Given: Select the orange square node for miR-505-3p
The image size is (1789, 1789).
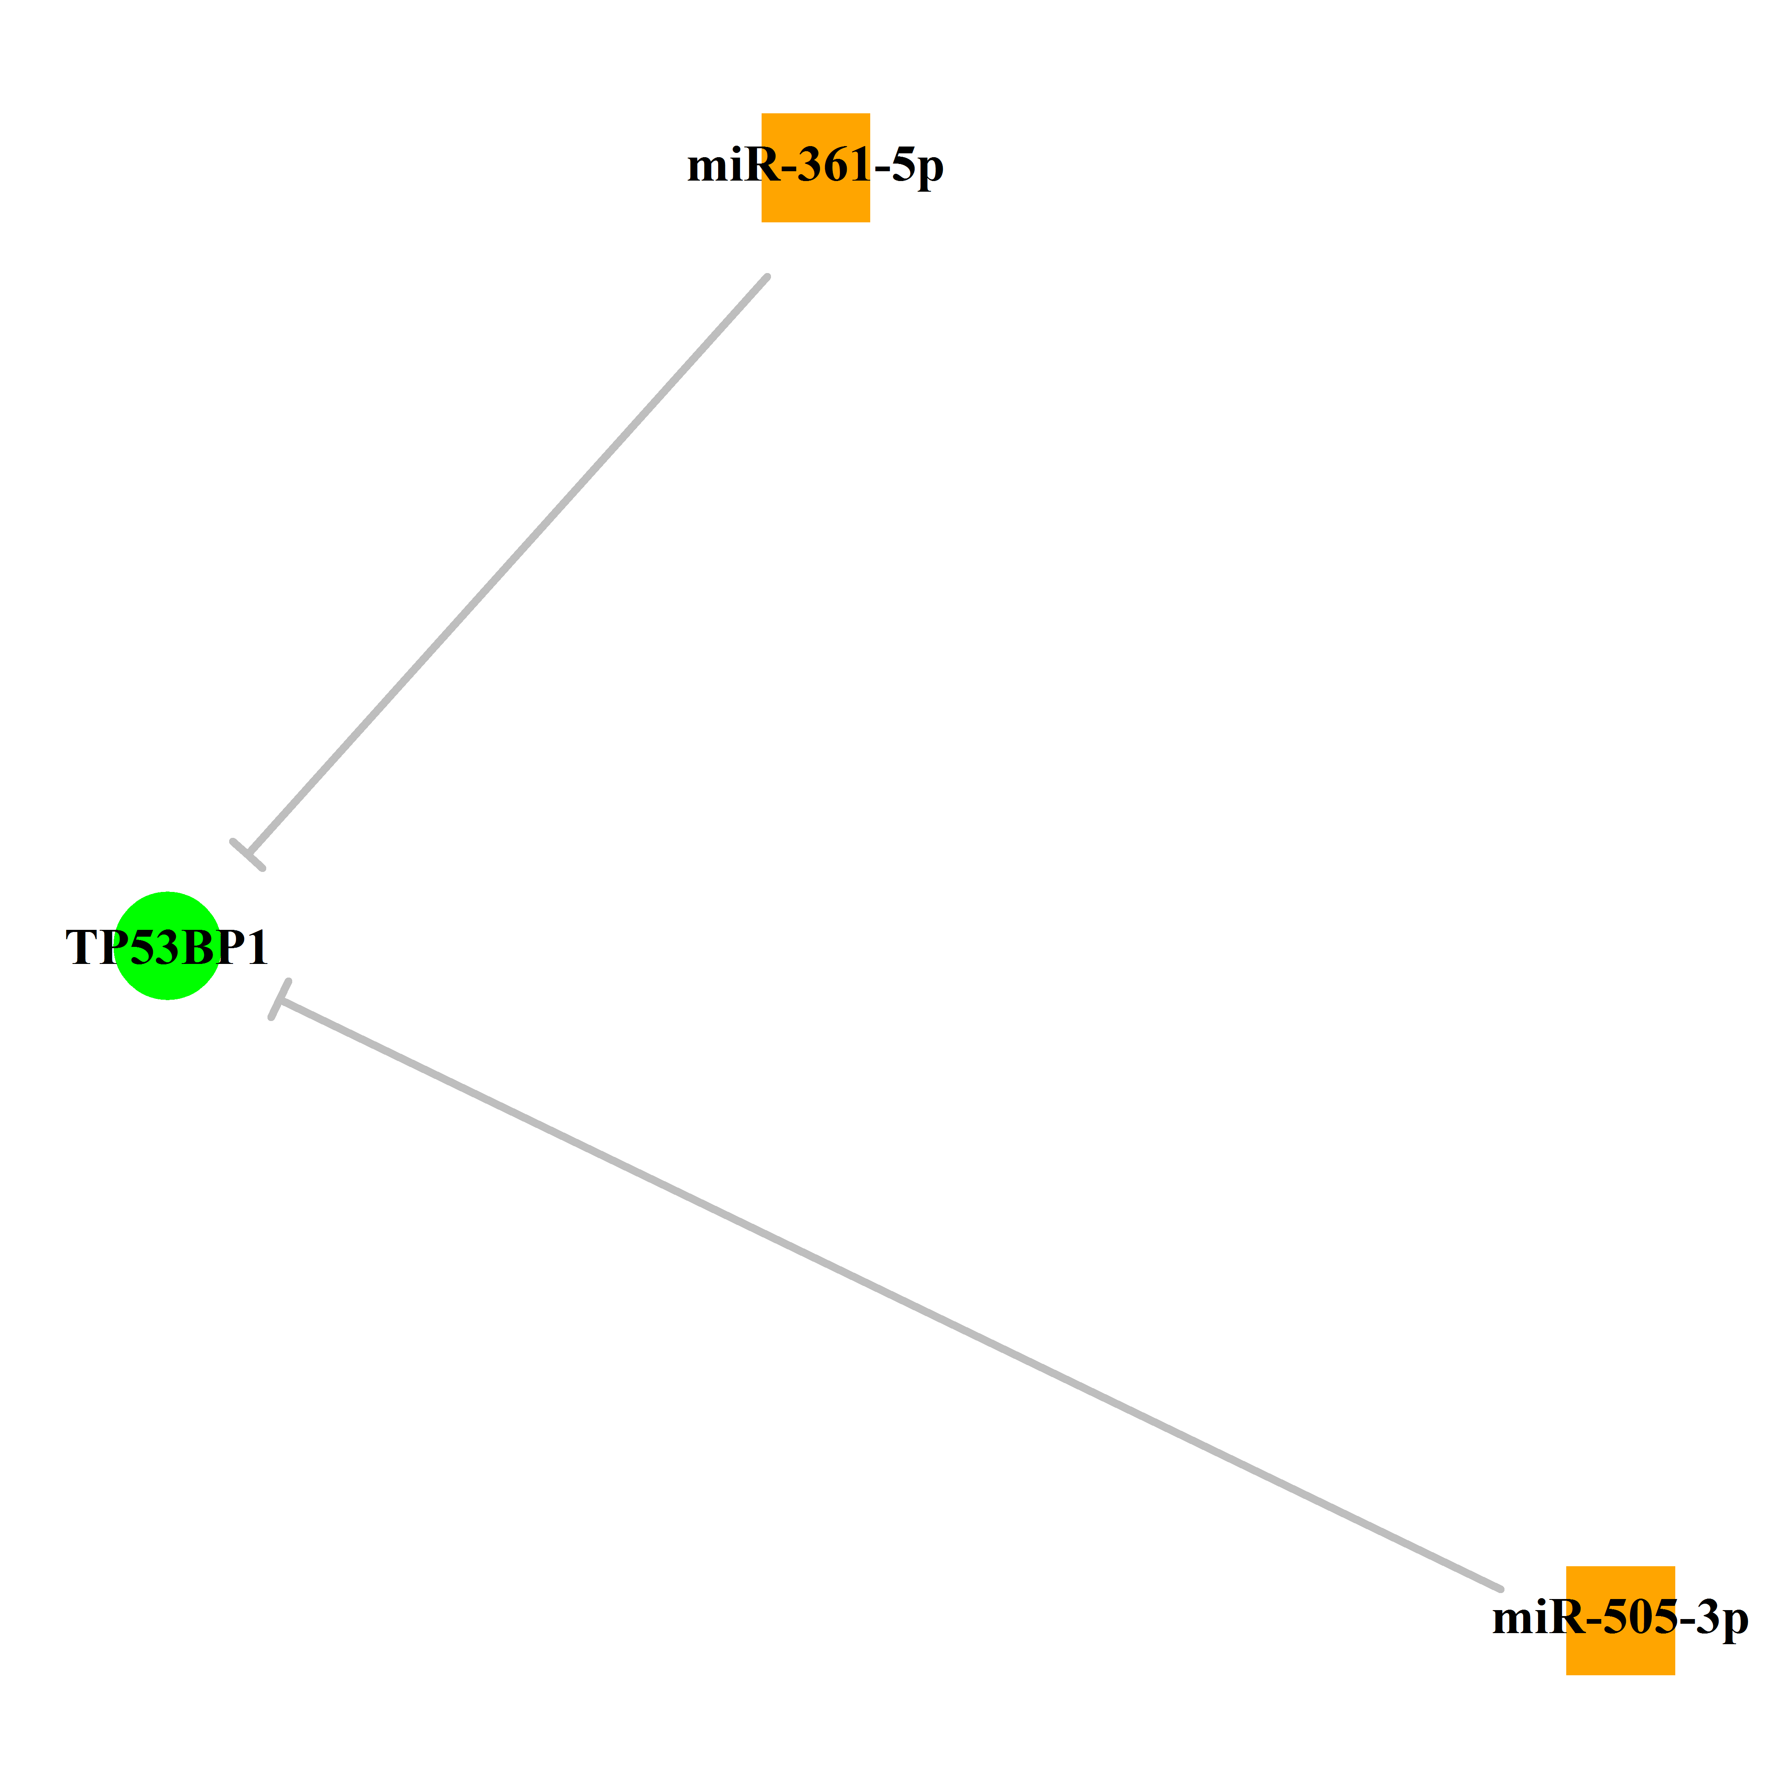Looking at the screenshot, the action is pyautogui.click(x=1620, y=1620).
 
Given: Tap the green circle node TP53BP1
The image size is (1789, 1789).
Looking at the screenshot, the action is pyautogui.click(x=167, y=946).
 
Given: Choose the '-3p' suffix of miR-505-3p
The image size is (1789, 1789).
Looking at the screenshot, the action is pyautogui.click(x=1714, y=1620).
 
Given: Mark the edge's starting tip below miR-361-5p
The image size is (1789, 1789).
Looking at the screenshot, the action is pyautogui.click(x=768, y=276).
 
